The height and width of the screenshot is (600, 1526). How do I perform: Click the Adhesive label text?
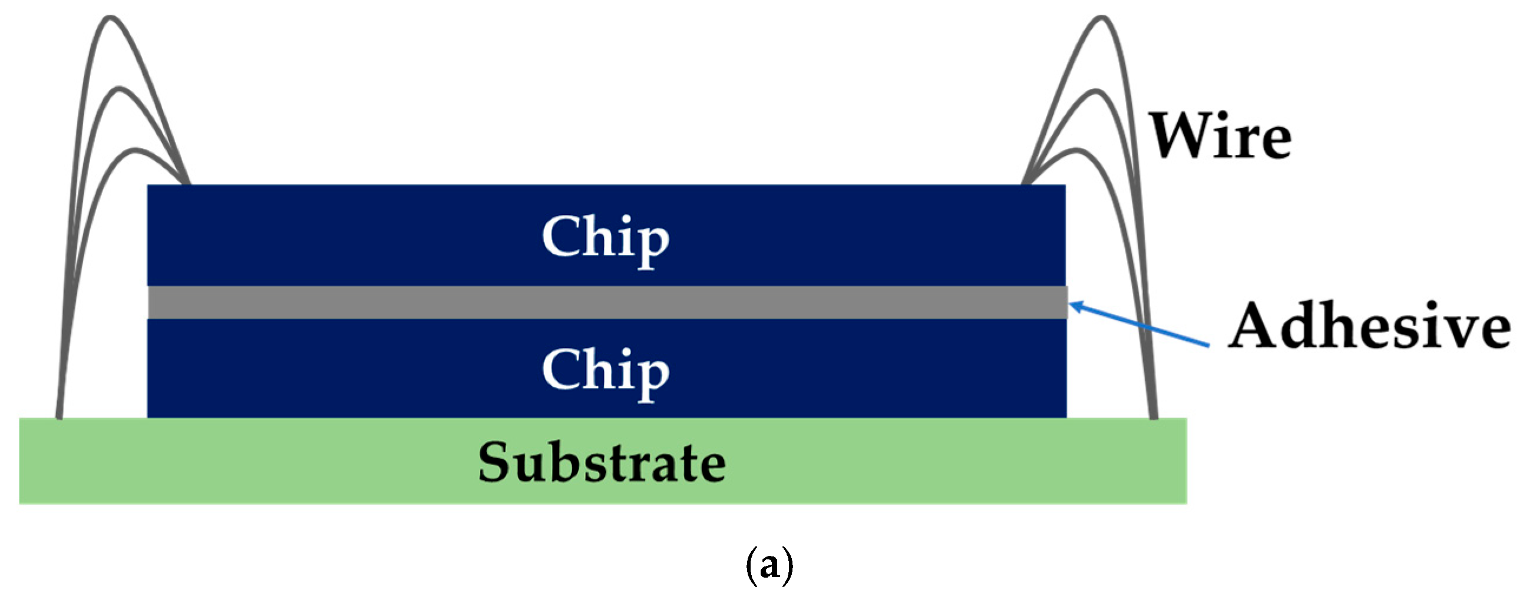(1369, 326)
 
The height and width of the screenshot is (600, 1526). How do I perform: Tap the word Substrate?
(602, 463)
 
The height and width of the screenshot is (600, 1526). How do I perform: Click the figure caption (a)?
(769, 566)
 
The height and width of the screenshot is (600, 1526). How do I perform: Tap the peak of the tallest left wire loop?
(110, 18)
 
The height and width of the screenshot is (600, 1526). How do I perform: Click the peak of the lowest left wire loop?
(134, 151)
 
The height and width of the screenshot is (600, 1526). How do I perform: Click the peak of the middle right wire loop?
(1096, 92)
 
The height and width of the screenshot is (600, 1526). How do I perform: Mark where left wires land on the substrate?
(60, 416)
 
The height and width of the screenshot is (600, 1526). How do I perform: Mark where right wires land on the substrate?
(1153, 416)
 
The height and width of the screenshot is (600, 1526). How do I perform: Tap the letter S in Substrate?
(496, 463)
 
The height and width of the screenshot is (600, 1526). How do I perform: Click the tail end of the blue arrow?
(1208, 345)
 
